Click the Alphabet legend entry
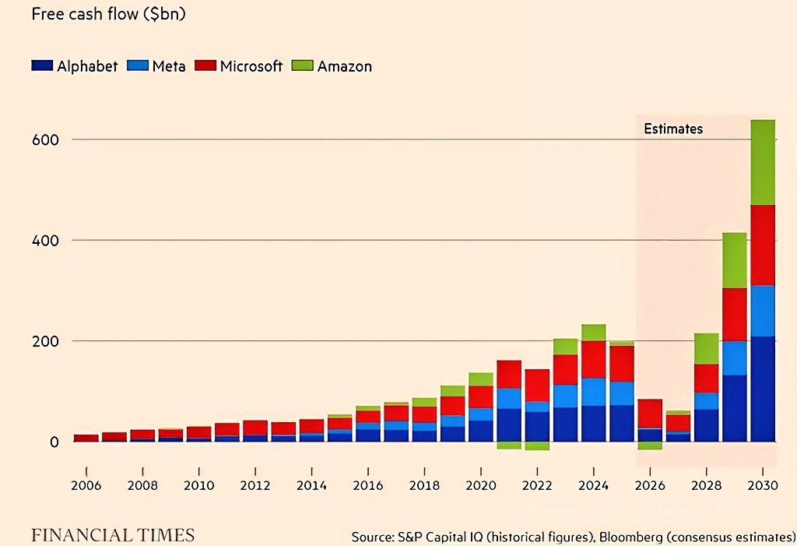point(74,66)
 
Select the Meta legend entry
point(156,66)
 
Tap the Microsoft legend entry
point(238,66)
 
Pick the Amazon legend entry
point(332,66)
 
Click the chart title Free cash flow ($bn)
point(108,14)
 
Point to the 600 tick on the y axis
point(45,140)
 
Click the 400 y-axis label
point(45,240)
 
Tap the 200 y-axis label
point(45,341)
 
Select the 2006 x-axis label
point(86,485)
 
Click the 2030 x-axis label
point(763,485)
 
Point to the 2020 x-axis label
point(481,485)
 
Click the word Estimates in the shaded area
point(673,129)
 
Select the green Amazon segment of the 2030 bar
point(763,162)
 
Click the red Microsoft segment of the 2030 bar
point(763,245)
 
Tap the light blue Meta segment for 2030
point(763,311)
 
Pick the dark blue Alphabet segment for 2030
point(763,389)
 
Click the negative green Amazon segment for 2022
point(537,446)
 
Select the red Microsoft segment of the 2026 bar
point(650,414)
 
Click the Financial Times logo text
point(113,535)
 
